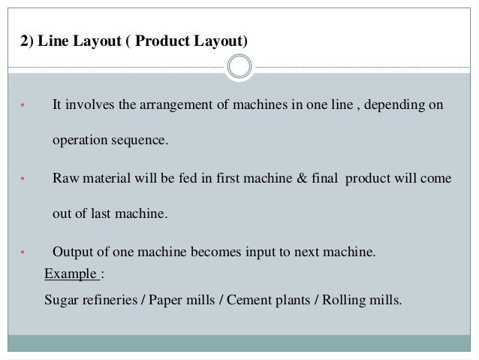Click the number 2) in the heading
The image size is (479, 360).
pyautogui.click(x=27, y=41)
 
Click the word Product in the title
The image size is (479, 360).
pyautogui.click(x=162, y=41)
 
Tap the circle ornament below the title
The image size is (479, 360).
pyautogui.click(x=239, y=66)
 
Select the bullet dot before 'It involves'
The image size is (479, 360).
pyautogui.click(x=23, y=105)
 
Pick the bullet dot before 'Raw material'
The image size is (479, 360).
pyautogui.click(x=23, y=179)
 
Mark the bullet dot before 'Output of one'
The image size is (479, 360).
pyautogui.click(x=23, y=253)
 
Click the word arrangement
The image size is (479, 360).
pyautogui.click(x=176, y=105)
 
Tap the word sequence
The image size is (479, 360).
pyautogui.click(x=140, y=141)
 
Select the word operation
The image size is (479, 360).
pyautogui.click(x=80, y=141)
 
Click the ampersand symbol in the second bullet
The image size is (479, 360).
pyautogui.click(x=302, y=178)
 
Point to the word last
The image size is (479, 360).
pyautogui.click(x=101, y=213)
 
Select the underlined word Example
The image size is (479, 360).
pyautogui.click(x=71, y=274)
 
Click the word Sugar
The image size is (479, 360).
pyautogui.click(x=61, y=301)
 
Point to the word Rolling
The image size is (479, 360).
pyautogui.click(x=344, y=301)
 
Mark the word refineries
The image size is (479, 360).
pyautogui.click(x=110, y=300)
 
